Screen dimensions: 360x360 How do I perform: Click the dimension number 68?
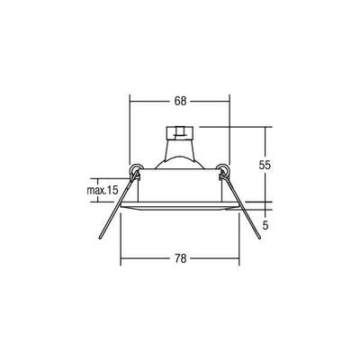pyautogui.click(x=179, y=103)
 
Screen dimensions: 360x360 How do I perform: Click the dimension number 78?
pyautogui.click(x=179, y=259)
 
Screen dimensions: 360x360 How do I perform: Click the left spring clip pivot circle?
pyautogui.click(x=136, y=171)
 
